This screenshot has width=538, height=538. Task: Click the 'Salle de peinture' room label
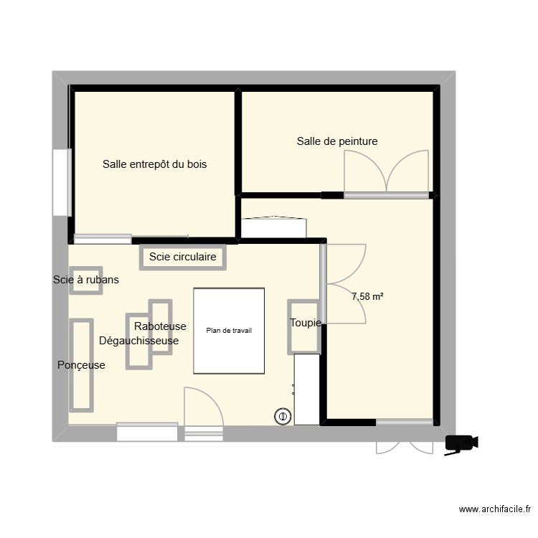[337, 141]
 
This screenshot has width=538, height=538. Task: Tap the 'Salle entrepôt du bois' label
[154, 164]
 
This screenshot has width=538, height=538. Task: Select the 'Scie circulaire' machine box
[182, 257]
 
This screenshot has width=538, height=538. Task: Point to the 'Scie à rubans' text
[86, 280]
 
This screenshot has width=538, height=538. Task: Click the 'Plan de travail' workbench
[229, 331]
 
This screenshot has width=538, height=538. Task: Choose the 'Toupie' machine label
[306, 323]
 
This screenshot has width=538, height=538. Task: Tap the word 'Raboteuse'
[160, 326]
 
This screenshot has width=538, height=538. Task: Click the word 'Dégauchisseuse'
[138, 341]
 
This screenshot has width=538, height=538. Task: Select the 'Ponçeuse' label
[81, 365]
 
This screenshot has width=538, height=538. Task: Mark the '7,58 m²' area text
[367, 296]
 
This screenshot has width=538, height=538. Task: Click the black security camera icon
[461, 444]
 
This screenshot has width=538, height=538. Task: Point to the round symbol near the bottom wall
[283, 416]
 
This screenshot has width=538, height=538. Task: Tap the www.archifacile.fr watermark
[495, 509]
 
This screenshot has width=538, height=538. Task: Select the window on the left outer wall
[62, 182]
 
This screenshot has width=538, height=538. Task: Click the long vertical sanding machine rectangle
[81, 365]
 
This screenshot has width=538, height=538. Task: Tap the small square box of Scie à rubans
[86, 280]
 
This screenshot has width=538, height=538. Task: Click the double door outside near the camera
[405, 447]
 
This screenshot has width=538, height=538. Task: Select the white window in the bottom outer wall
[147, 433]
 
